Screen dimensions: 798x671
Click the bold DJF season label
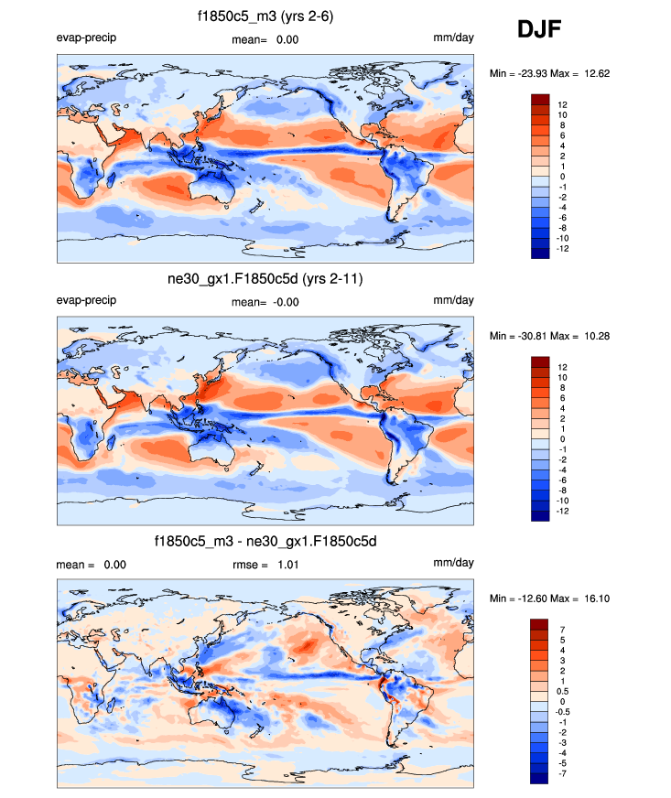(539, 30)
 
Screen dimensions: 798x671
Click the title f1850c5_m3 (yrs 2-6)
(265, 16)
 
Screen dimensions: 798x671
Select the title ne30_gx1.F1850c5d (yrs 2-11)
(265, 279)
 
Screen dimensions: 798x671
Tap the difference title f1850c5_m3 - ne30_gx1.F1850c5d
(265, 542)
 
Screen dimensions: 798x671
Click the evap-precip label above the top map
(86, 38)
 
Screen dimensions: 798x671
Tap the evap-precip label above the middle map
(86, 301)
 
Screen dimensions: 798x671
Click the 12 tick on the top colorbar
(562, 105)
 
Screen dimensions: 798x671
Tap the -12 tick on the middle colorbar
(562, 512)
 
